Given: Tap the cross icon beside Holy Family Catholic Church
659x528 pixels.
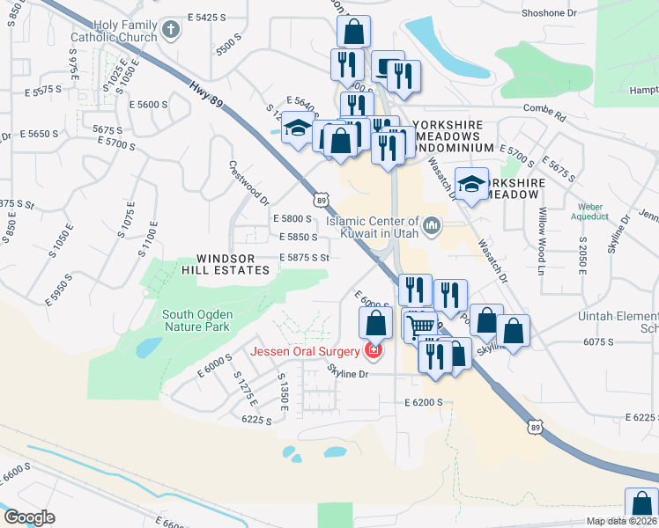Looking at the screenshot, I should pyautogui.click(x=171, y=31).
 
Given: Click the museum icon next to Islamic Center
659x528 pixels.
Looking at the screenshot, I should pyautogui.click(x=432, y=227).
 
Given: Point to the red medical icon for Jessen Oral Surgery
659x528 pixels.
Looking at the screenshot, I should pyautogui.click(x=374, y=352).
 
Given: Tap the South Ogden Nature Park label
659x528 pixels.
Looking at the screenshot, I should pyautogui.click(x=196, y=319).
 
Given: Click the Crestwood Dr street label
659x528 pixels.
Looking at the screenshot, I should pyautogui.click(x=248, y=184).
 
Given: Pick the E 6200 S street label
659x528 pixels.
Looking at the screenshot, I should pyautogui.click(x=423, y=402).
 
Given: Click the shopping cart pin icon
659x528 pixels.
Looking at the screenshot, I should pyautogui.click(x=422, y=325).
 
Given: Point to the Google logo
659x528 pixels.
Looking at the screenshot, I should pyautogui.click(x=29, y=517).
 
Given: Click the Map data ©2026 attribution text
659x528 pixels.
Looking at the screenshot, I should pyautogui.click(x=621, y=521).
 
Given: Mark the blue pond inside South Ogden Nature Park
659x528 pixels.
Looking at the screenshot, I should pyautogui.click(x=149, y=348).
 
